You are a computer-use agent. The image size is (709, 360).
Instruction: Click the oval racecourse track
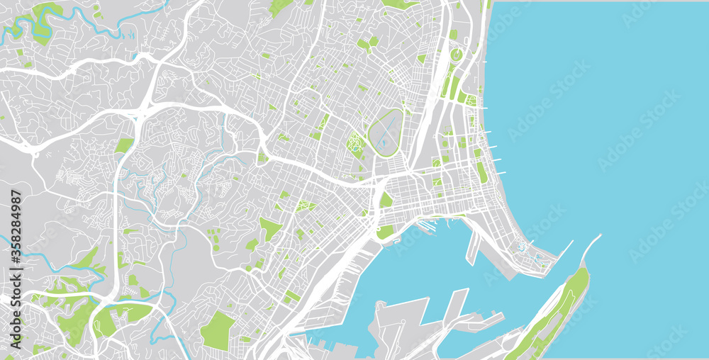pyautogui.click(x=386, y=133)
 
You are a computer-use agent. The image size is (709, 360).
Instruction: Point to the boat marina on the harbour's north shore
pyautogui.click(x=425, y=226)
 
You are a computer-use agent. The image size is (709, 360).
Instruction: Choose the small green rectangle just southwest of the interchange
pyautogui.click(x=124, y=145)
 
